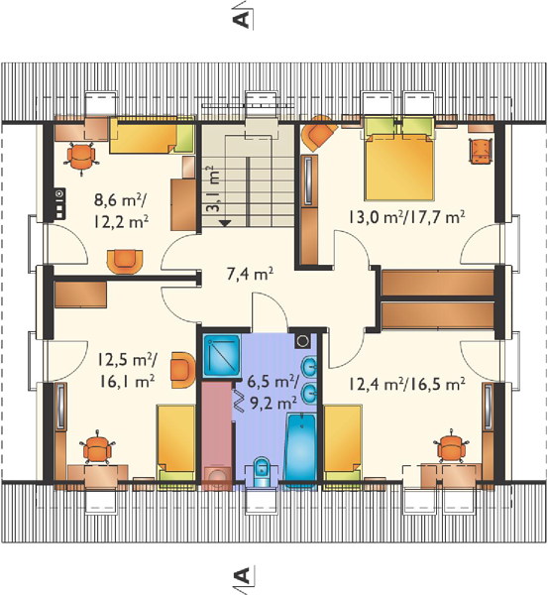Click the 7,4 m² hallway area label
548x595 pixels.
tap(251, 274)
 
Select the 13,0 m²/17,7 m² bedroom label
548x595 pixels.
tap(406, 217)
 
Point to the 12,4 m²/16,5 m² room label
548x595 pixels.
tap(406, 384)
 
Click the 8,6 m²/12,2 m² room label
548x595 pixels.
tap(121, 210)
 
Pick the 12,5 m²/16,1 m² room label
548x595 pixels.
tap(126, 370)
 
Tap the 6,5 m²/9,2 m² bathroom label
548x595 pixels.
tap(274, 393)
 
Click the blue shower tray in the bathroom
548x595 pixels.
tap(221, 355)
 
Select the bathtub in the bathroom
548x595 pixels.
tap(300, 450)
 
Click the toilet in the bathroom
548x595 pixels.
tap(261, 471)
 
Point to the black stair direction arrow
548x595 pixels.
tap(225, 223)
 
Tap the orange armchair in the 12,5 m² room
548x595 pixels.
tap(182, 370)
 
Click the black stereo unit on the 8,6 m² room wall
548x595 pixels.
tap(58, 204)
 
